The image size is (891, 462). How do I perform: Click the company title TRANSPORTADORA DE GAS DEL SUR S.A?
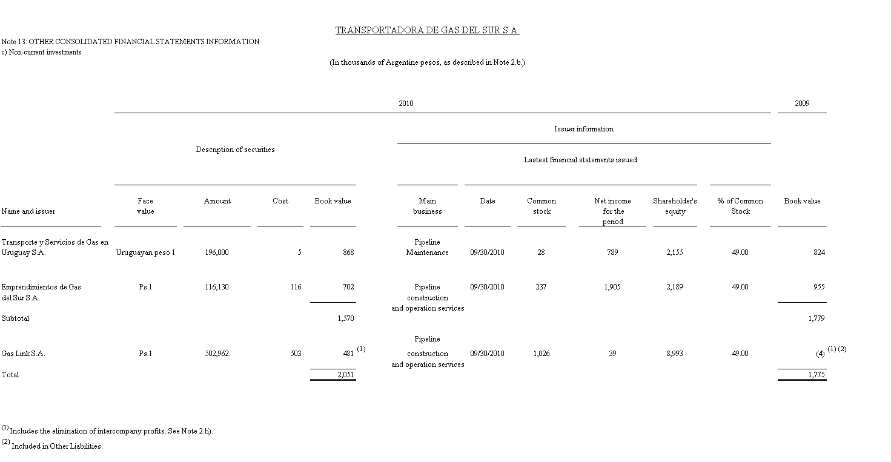point(427,30)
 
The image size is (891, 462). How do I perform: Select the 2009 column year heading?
point(802,104)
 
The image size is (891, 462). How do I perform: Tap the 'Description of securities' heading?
point(235,150)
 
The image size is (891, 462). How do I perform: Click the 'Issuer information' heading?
point(583,129)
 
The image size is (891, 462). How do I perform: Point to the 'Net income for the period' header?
point(612,211)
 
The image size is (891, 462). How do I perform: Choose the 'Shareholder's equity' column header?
point(675,206)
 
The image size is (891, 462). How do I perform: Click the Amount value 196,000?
point(217,252)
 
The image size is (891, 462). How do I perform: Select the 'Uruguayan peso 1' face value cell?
point(145,252)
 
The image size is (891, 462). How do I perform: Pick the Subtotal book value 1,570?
point(345,318)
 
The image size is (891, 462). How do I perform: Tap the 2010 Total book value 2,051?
point(345,375)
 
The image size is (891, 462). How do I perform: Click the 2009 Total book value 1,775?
point(816,375)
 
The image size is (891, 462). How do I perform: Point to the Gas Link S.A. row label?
point(23,354)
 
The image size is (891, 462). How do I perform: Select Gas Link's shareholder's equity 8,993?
point(674,354)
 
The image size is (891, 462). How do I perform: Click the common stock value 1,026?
point(541,354)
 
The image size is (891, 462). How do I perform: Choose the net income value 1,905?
point(612,287)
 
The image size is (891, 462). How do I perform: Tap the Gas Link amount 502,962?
point(217,354)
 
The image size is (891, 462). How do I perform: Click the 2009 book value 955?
point(819,287)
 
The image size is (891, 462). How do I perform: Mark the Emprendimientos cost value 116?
point(296,287)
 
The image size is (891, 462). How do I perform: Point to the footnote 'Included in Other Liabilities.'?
point(57,446)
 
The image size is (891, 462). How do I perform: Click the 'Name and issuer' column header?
point(28,211)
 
